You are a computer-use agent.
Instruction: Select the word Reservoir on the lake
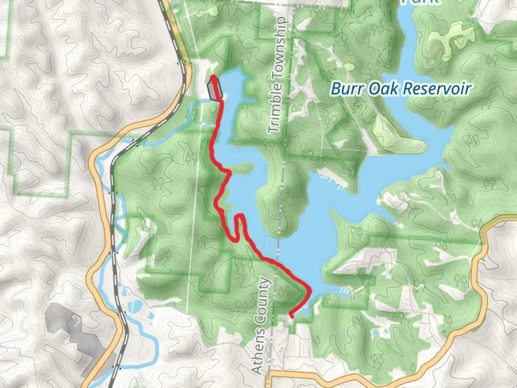(x=437, y=89)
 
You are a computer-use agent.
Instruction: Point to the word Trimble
(x=276, y=107)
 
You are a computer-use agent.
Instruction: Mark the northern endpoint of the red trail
(x=213, y=77)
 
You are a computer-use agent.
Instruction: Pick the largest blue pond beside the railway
(x=135, y=306)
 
